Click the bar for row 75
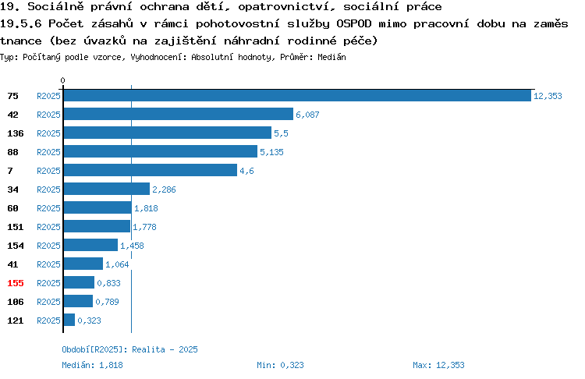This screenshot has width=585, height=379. coord(297,95)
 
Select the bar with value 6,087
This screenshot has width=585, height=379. coord(179,114)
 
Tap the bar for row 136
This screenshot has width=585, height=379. coord(168,133)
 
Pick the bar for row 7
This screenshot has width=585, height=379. coord(151,170)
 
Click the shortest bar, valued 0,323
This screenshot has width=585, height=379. coord(69,320)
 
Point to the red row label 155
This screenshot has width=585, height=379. coord(16,283)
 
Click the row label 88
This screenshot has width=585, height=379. coord(12,152)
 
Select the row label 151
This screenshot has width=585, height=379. coord(16,227)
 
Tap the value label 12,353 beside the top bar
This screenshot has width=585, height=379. coord(548,96)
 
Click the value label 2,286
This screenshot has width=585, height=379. coord(164,189)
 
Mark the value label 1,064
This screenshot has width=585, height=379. coord(117,264)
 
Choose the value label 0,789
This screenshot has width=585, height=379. coord(107,302)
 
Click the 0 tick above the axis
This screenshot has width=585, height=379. coord(62,80)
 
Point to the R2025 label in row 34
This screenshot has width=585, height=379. coord(48,189)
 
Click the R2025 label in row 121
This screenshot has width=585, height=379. coord(48,321)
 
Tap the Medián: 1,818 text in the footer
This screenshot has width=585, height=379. coord(92,365)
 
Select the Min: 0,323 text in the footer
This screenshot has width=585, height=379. coord(280,365)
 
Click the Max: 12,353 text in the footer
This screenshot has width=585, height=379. coord(438,365)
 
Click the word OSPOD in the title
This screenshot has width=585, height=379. coord(354,23)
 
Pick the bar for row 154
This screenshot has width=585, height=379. coord(90,245)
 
